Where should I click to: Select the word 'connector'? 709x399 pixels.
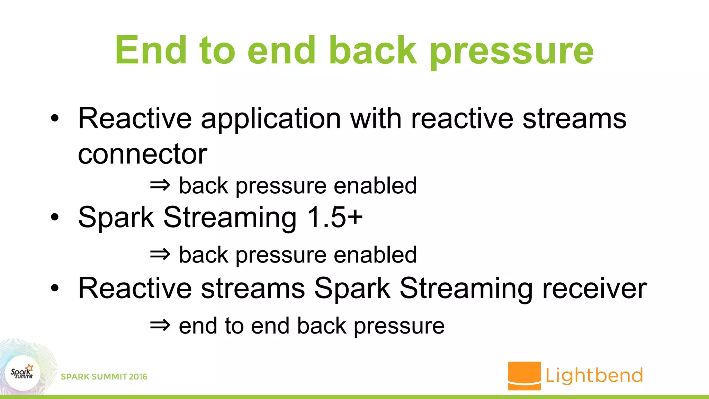[x=142, y=154]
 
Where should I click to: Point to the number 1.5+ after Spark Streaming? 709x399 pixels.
[x=335, y=217]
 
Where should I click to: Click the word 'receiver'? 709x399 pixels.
[x=594, y=289]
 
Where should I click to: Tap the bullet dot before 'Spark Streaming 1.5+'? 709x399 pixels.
[x=55, y=218]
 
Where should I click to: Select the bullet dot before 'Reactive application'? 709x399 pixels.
[x=55, y=118]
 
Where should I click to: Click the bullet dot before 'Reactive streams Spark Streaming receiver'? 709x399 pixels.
[x=55, y=288]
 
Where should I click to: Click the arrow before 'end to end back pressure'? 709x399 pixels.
[x=160, y=325]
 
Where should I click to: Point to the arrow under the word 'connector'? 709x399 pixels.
[x=160, y=185]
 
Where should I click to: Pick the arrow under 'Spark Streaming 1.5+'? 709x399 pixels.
[x=160, y=255]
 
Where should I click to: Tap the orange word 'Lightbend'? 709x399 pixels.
[x=594, y=375]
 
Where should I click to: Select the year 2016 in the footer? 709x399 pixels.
[x=138, y=377]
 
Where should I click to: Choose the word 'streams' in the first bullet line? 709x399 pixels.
[x=574, y=119]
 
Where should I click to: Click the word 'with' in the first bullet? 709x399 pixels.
[x=376, y=119]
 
